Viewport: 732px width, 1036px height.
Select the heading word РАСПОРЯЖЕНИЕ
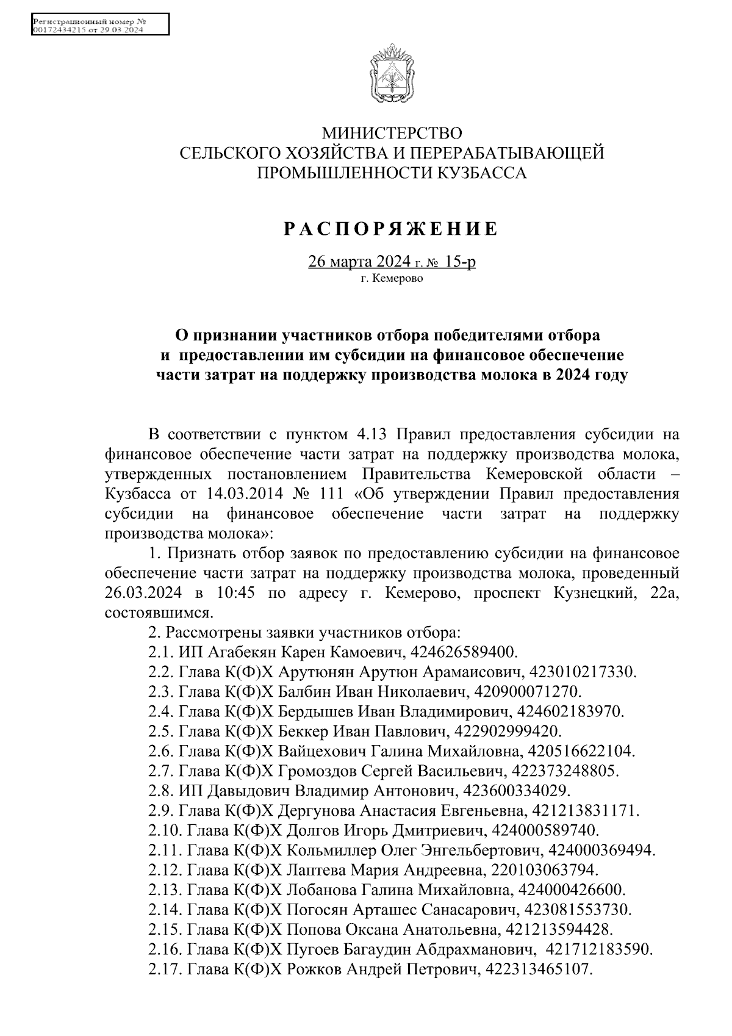coord(392,229)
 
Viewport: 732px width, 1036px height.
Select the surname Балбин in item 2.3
coord(300,691)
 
